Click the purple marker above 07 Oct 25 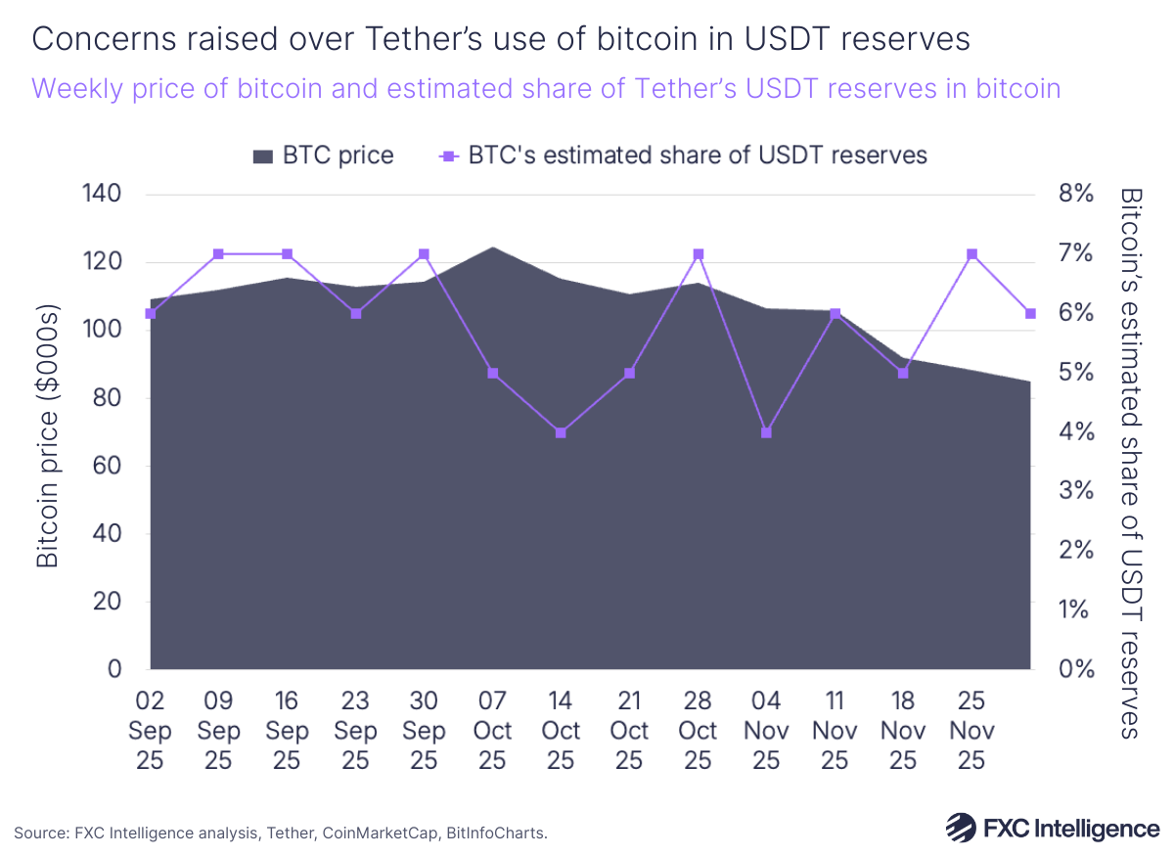point(493,373)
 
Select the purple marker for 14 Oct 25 point(562,432)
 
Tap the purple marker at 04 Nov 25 point(767,432)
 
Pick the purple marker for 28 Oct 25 point(699,254)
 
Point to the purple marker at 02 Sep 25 point(151,314)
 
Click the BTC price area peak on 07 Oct point(493,248)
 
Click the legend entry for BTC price point(324,156)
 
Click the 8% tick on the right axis point(1075,195)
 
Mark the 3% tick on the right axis point(1075,491)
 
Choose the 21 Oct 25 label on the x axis point(629,731)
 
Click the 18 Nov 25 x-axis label point(903,731)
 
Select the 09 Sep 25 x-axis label point(218,731)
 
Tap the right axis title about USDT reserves point(1132,462)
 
